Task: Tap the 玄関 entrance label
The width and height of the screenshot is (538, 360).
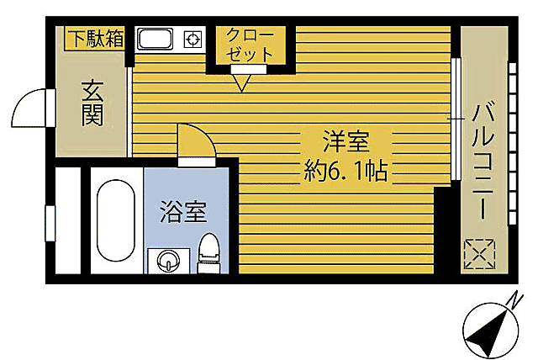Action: coord(92,101)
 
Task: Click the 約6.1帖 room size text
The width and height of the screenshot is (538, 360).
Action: coord(345,172)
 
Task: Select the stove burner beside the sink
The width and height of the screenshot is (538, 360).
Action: coord(193,40)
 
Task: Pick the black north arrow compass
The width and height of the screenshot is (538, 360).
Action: coord(491,330)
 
